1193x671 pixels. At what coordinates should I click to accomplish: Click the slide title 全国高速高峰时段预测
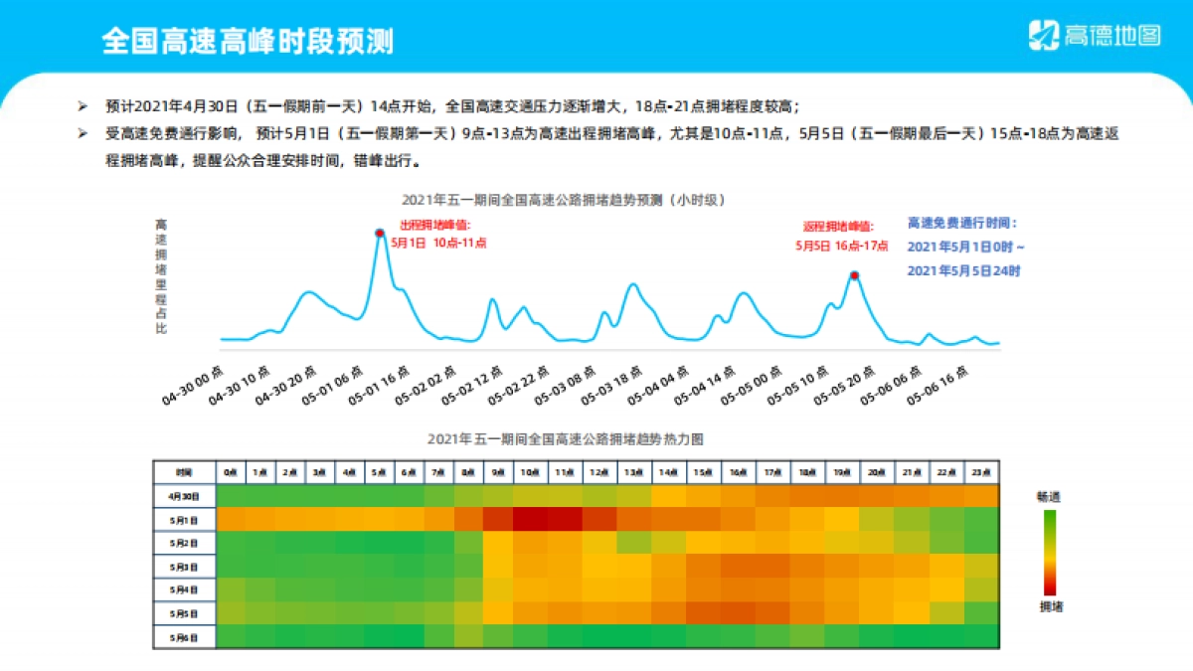(x=248, y=41)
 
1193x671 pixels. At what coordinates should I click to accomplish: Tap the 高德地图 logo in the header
(x=1094, y=36)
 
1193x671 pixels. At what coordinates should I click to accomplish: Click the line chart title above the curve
(x=564, y=200)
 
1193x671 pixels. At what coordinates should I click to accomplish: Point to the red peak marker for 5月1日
(x=379, y=234)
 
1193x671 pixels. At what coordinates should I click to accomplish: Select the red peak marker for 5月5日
(x=853, y=275)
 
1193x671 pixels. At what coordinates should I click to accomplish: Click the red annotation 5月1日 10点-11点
(x=438, y=242)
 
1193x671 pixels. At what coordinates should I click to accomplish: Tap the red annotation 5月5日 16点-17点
(x=841, y=245)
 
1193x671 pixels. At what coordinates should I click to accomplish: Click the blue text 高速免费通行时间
(x=962, y=224)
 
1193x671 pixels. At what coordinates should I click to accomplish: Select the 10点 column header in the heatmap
(x=530, y=472)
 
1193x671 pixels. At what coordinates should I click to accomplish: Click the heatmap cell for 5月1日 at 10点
(x=530, y=519)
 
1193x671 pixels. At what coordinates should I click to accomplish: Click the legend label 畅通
(x=1049, y=495)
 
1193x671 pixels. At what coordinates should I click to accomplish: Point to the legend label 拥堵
(x=1049, y=605)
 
